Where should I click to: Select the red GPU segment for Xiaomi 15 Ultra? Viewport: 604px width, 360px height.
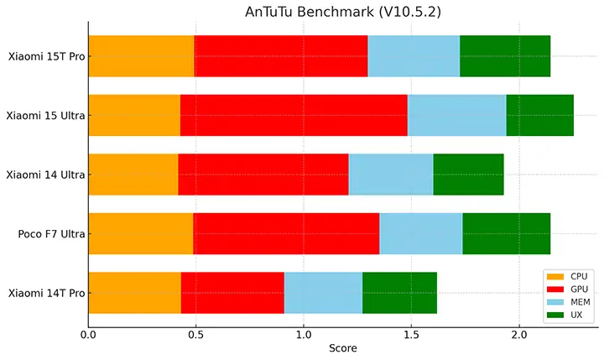294,115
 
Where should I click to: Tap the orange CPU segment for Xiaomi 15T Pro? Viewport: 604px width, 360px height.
141,56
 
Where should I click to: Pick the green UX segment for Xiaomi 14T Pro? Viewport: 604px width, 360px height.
399,293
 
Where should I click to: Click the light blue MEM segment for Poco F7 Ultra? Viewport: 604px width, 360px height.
420,233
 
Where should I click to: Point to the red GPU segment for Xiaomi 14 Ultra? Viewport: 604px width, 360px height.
263,175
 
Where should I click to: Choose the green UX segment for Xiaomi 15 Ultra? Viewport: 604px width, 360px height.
539,115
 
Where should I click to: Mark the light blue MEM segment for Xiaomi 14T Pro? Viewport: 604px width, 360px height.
323,293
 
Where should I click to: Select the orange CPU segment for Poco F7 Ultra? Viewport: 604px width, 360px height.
140,233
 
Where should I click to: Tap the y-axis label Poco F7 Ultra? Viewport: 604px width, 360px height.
49,234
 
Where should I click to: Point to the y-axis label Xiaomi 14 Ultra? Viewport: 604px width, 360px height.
44,175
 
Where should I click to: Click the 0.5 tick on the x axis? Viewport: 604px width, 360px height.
195,333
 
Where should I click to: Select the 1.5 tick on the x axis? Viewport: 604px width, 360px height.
411,333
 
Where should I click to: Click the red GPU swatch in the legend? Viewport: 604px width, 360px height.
555,290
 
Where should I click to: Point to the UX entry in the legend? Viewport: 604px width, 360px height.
576,315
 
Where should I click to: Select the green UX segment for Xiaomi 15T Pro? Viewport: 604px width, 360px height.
505,56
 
